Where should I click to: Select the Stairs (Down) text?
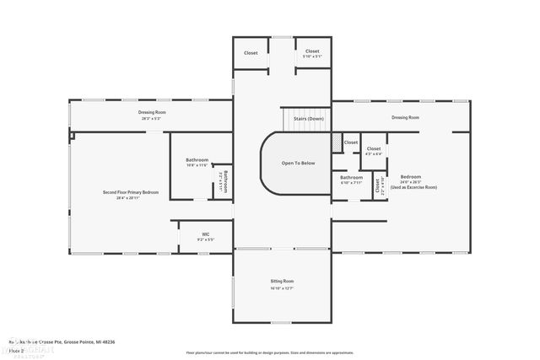[308, 119]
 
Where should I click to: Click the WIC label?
[205, 234]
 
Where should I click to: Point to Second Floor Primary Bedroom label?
[131, 192]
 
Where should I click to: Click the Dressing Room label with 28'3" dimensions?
[152, 112]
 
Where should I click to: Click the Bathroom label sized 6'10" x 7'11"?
[351, 177]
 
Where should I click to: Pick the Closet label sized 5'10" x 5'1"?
[312, 51]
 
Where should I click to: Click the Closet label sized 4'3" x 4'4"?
[373, 148]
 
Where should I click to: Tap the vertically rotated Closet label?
[377, 185]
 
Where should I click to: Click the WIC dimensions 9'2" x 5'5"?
[205, 240]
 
